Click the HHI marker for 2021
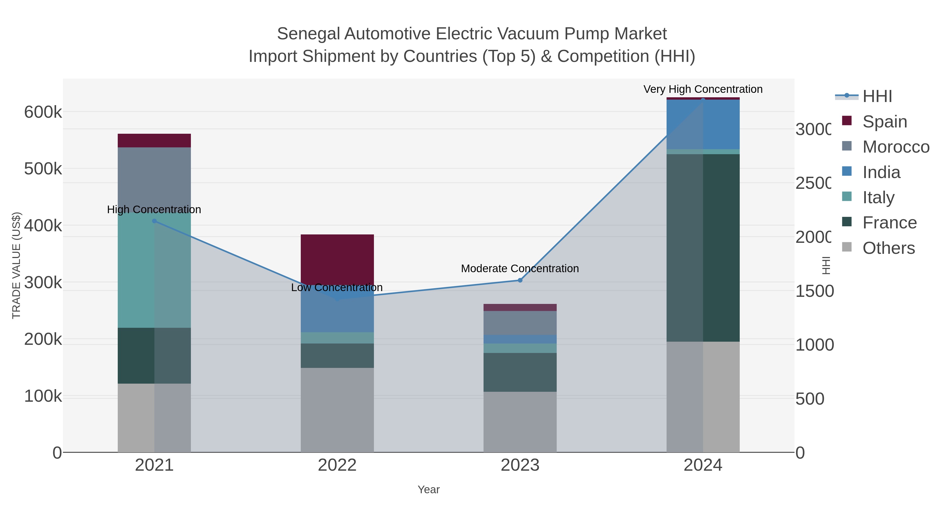tap(154, 221)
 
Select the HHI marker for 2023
tap(520, 280)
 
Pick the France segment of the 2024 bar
tap(703, 248)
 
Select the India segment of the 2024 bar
tap(703, 125)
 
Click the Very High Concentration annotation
tap(702, 89)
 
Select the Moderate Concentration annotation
tap(520, 269)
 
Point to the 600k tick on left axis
tap(43, 112)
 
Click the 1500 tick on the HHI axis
tap(814, 291)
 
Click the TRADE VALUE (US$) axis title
tap(17, 265)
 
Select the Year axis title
tap(428, 490)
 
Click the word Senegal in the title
tap(309, 34)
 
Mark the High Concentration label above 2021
tap(154, 210)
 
